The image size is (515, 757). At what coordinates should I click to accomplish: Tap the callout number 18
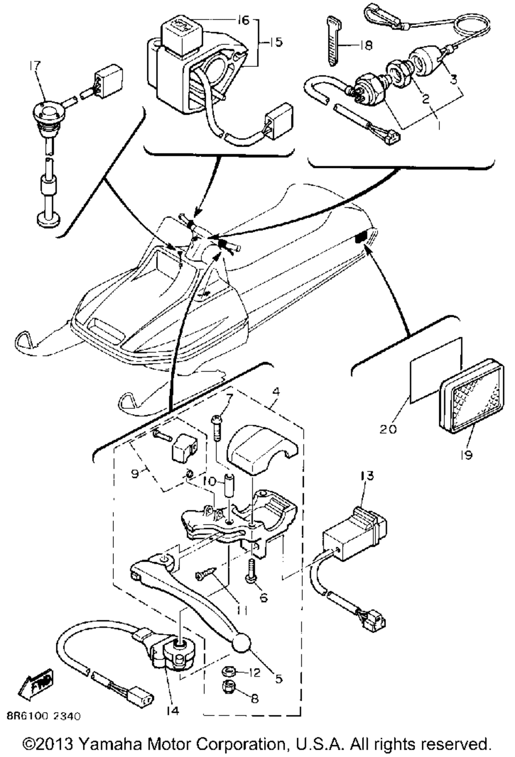(x=366, y=46)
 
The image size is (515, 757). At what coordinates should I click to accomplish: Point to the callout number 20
(x=389, y=428)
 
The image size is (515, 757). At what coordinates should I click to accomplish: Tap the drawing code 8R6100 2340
(x=43, y=716)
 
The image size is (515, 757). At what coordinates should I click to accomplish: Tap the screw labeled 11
(x=204, y=576)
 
